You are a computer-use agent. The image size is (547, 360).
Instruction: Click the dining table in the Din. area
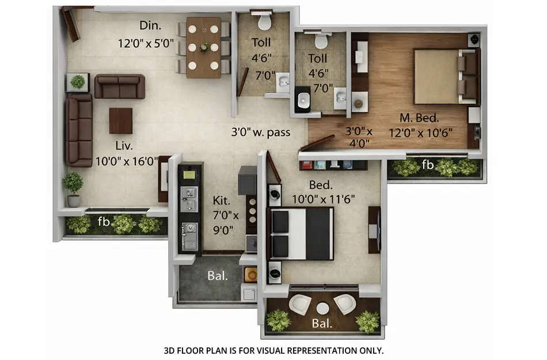point(203,47)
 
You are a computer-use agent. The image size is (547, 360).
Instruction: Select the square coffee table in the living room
point(120,120)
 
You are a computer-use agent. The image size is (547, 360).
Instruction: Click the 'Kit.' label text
point(221,201)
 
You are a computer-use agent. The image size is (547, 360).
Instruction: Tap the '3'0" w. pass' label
point(260,132)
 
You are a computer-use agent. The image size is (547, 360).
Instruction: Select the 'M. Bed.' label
point(419,118)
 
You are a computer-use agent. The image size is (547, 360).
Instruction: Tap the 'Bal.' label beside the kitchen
point(218,275)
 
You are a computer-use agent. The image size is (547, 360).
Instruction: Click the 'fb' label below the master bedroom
point(427,165)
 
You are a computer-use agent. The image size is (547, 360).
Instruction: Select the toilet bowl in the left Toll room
point(264,22)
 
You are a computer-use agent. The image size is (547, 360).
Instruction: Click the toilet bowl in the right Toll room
point(321,41)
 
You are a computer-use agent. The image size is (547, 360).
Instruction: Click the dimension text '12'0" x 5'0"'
point(146,43)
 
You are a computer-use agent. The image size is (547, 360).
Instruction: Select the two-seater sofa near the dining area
point(120,86)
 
